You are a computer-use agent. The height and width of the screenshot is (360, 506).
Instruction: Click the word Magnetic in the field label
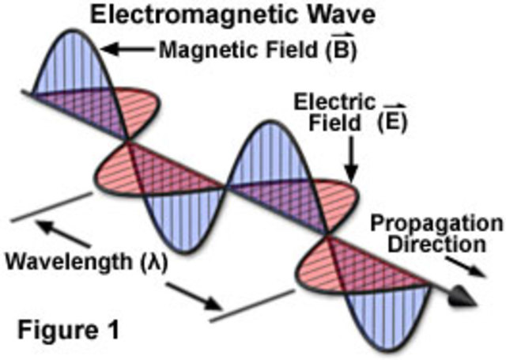(x=213, y=50)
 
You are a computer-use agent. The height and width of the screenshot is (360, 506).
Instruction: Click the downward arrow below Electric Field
(x=353, y=159)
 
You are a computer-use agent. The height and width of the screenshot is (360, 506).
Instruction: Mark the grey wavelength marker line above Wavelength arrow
(x=51, y=207)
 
